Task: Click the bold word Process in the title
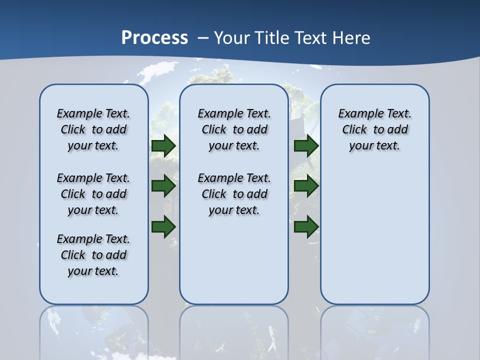(154, 38)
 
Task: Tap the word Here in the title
(351, 38)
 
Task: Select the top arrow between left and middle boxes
(163, 146)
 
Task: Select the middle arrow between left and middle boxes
(163, 186)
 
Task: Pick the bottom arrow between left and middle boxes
(163, 226)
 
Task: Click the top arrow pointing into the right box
(306, 146)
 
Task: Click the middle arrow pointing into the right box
(306, 186)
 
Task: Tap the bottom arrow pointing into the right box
(306, 226)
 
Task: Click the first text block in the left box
(93, 129)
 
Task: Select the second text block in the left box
(93, 194)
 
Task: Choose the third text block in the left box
(93, 255)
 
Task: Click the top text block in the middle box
(234, 129)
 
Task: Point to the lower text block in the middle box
(234, 194)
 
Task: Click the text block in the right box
(375, 129)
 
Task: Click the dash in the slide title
(203, 38)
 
